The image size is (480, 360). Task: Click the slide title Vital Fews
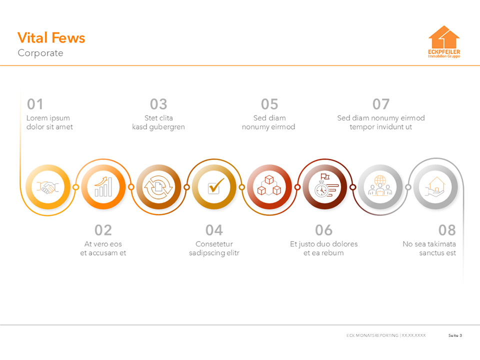point(51,38)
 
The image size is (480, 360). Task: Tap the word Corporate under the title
point(40,53)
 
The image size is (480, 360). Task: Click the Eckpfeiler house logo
point(444,42)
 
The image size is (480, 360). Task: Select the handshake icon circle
point(47,187)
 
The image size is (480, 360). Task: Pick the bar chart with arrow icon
point(103,187)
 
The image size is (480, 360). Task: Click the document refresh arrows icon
point(158,187)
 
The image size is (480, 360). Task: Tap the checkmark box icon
point(214,187)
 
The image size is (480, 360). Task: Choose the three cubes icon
point(269,187)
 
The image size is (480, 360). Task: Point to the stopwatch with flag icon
point(324,187)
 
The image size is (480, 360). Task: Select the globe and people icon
point(380,187)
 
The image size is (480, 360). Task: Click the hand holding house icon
point(435,187)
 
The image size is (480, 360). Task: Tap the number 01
point(35,104)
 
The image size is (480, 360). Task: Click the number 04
point(214,230)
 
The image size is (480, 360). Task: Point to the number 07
point(380,104)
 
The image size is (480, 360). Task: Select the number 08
point(447,230)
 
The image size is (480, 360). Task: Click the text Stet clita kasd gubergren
point(158,122)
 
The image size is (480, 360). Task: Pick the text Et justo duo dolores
point(323,244)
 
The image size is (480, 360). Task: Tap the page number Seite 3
point(455,335)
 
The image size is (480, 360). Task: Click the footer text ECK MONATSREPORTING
point(372,335)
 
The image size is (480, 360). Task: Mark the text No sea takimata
point(429,244)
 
